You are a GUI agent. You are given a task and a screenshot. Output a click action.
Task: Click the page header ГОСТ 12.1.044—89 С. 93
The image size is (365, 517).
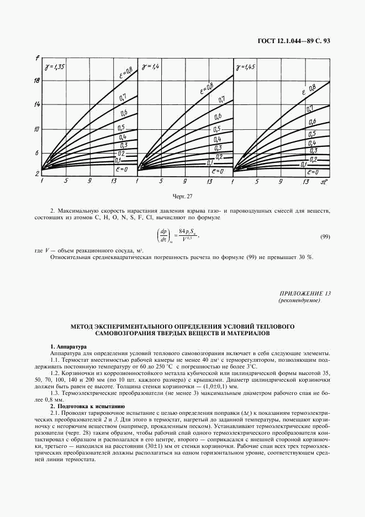pyautogui.click(x=294, y=40)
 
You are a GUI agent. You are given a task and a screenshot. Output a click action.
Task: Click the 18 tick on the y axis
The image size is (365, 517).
pyautogui.click(x=36, y=81)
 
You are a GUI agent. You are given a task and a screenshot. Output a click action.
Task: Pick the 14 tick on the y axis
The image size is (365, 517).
pyautogui.click(x=36, y=104)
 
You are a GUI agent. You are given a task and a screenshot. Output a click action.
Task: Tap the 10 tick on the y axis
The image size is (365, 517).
pyautogui.click(x=36, y=129)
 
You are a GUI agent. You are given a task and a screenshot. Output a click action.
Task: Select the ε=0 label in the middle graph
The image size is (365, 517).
pyautogui.click(x=216, y=171)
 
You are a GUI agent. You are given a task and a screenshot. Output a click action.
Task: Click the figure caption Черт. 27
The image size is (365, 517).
pyautogui.click(x=182, y=196)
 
